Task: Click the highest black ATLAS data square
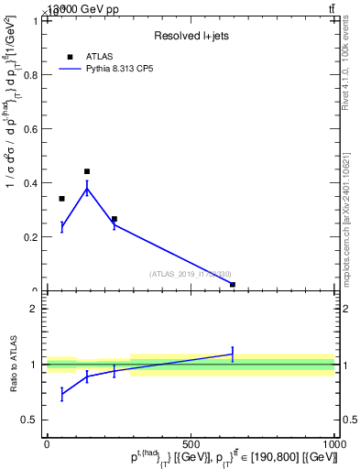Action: click(87, 171)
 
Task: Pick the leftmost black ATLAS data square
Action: click(61, 199)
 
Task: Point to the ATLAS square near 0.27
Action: click(114, 219)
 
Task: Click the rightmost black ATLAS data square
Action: click(233, 285)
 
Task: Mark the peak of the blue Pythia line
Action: click(87, 188)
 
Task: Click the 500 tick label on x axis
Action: click(191, 443)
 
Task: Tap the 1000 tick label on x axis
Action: click(333, 443)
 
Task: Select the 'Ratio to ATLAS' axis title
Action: click(15, 365)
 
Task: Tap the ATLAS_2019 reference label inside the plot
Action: click(191, 274)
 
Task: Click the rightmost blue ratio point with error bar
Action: click(233, 354)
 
